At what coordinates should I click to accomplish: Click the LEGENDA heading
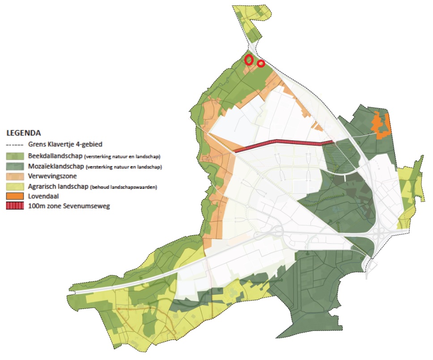pos(24,133)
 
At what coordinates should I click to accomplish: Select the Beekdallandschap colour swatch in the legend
pos(15,156)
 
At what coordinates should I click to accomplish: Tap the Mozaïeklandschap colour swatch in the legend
pos(15,166)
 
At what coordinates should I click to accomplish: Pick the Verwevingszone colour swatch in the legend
pos(15,176)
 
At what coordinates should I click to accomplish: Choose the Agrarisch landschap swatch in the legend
pos(15,186)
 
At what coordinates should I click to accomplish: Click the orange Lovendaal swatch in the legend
pos(15,196)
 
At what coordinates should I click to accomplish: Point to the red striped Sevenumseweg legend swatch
pos(15,206)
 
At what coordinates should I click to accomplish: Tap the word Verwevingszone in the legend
pos(52,176)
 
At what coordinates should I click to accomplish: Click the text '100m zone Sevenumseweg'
pos(68,206)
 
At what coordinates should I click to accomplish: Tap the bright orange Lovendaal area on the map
pos(382,126)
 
